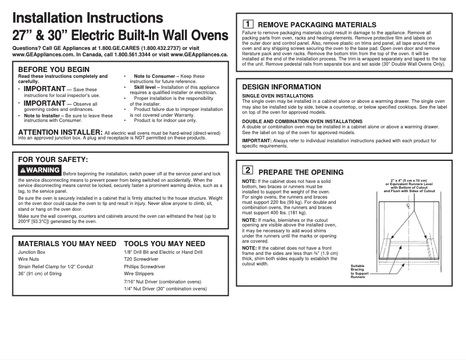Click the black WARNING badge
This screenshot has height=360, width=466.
click(x=40, y=170)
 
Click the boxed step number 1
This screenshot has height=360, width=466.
click(x=247, y=24)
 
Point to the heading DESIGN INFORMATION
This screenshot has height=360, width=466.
click(x=281, y=87)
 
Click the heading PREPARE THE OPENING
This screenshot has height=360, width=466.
click(x=300, y=172)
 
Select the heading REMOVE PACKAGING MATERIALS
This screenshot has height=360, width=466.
click(x=317, y=25)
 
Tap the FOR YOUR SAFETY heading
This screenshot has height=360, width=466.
click(x=53, y=159)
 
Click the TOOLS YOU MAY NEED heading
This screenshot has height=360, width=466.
click(x=164, y=244)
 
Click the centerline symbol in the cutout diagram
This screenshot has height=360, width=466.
click(x=408, y=207)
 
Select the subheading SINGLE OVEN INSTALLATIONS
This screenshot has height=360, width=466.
click(x=277, y=96)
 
